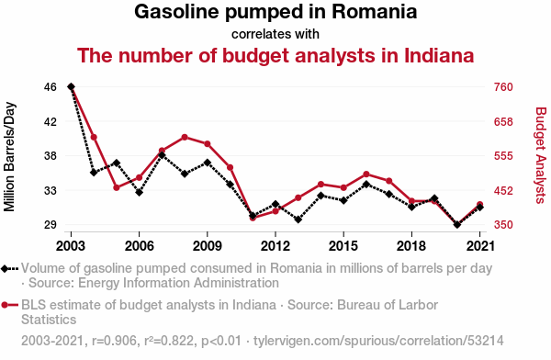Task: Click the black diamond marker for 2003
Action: click(71, 86)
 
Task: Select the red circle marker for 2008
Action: click(185, 137)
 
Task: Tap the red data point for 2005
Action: click(117, 187)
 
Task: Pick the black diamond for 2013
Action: click(298, 219)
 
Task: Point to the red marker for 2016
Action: click(366, 174)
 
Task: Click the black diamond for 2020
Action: click(456, 224)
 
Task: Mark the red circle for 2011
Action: click(253, 218)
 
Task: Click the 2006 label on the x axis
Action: click(140, 246)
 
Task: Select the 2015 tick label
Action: click(343, 246)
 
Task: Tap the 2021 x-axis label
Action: click(480, 246)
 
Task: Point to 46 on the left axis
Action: click(51, 87)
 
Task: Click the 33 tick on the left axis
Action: click(51, 190)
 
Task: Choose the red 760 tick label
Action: click(503, 87)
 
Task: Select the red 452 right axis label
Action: click(503, 190)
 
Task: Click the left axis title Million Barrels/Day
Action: click(9, 157)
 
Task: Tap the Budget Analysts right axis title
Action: click(541, 155)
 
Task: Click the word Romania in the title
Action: click(375, 12)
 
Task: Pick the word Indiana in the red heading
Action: click(439, 55)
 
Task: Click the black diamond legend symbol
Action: click(5, 268)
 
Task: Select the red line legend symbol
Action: click(9, 305)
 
